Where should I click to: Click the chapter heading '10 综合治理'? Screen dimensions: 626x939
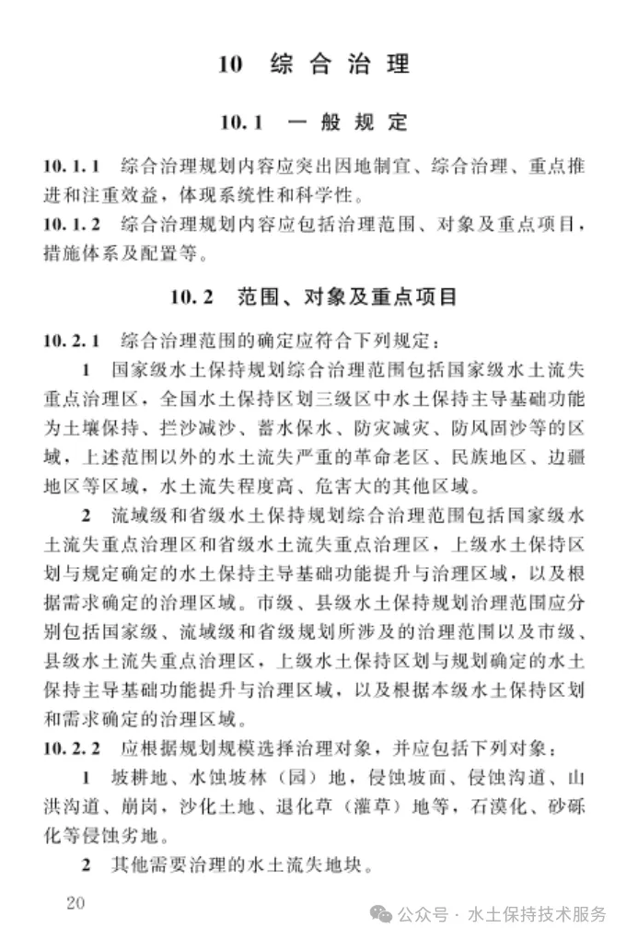(313, 64)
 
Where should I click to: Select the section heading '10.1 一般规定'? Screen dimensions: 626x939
(313, 122)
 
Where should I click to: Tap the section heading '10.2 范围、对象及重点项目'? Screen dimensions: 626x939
(313, 297)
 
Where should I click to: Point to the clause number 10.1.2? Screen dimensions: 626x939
(71, 224)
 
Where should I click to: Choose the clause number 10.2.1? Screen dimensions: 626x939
(71, 341)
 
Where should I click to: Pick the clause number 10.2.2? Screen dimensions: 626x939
(71, 744)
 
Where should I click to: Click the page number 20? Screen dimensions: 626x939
(75, 902)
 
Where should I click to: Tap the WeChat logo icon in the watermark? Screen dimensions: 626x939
(380, 914)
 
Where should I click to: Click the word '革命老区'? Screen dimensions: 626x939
(400, 456)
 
